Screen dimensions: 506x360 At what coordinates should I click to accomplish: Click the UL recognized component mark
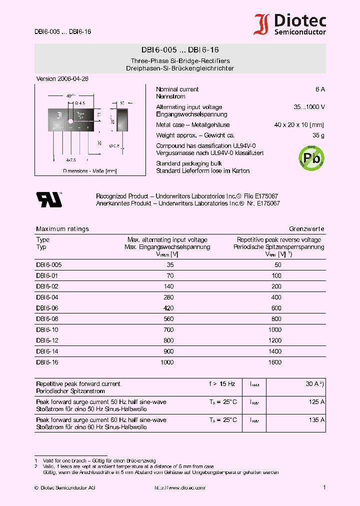tap(48, 199)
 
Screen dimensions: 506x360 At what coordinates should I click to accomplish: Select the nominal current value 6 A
tap(320, 89)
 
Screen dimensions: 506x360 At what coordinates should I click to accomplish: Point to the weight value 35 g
tap(318, 135)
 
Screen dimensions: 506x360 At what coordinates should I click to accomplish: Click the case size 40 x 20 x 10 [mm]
tap(299, 125)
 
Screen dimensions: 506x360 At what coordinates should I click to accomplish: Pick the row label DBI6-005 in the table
tap(48, 265)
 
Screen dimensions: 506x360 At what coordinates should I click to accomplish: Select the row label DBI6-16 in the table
tap(47, 362)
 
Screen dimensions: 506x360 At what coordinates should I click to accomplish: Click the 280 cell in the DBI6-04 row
tap(168, 297)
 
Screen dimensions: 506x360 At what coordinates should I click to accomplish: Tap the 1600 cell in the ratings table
tap(275, 362)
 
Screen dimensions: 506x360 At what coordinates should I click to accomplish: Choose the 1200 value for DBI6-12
tap(275, 340)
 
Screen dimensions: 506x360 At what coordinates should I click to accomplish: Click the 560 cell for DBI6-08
tap(168, 319)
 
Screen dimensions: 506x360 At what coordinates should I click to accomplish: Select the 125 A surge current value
tap(316, 402)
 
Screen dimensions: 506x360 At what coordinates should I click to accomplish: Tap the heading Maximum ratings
tap(62, 229)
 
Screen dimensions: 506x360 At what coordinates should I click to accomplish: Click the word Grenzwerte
tap(307, 229)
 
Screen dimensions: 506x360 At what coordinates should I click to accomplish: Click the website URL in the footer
tap(179, 487)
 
